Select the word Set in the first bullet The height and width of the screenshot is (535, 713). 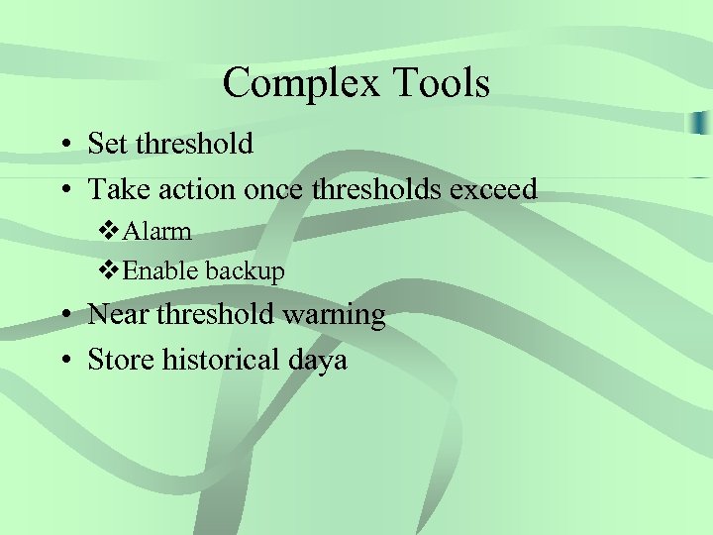108,144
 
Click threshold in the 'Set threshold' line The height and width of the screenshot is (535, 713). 195,144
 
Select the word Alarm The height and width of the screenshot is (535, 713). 156,232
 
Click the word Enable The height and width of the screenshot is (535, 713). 160,270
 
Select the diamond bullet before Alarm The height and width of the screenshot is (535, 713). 109,232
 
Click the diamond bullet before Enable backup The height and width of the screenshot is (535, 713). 109,270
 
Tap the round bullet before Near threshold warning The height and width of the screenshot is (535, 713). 62,316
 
